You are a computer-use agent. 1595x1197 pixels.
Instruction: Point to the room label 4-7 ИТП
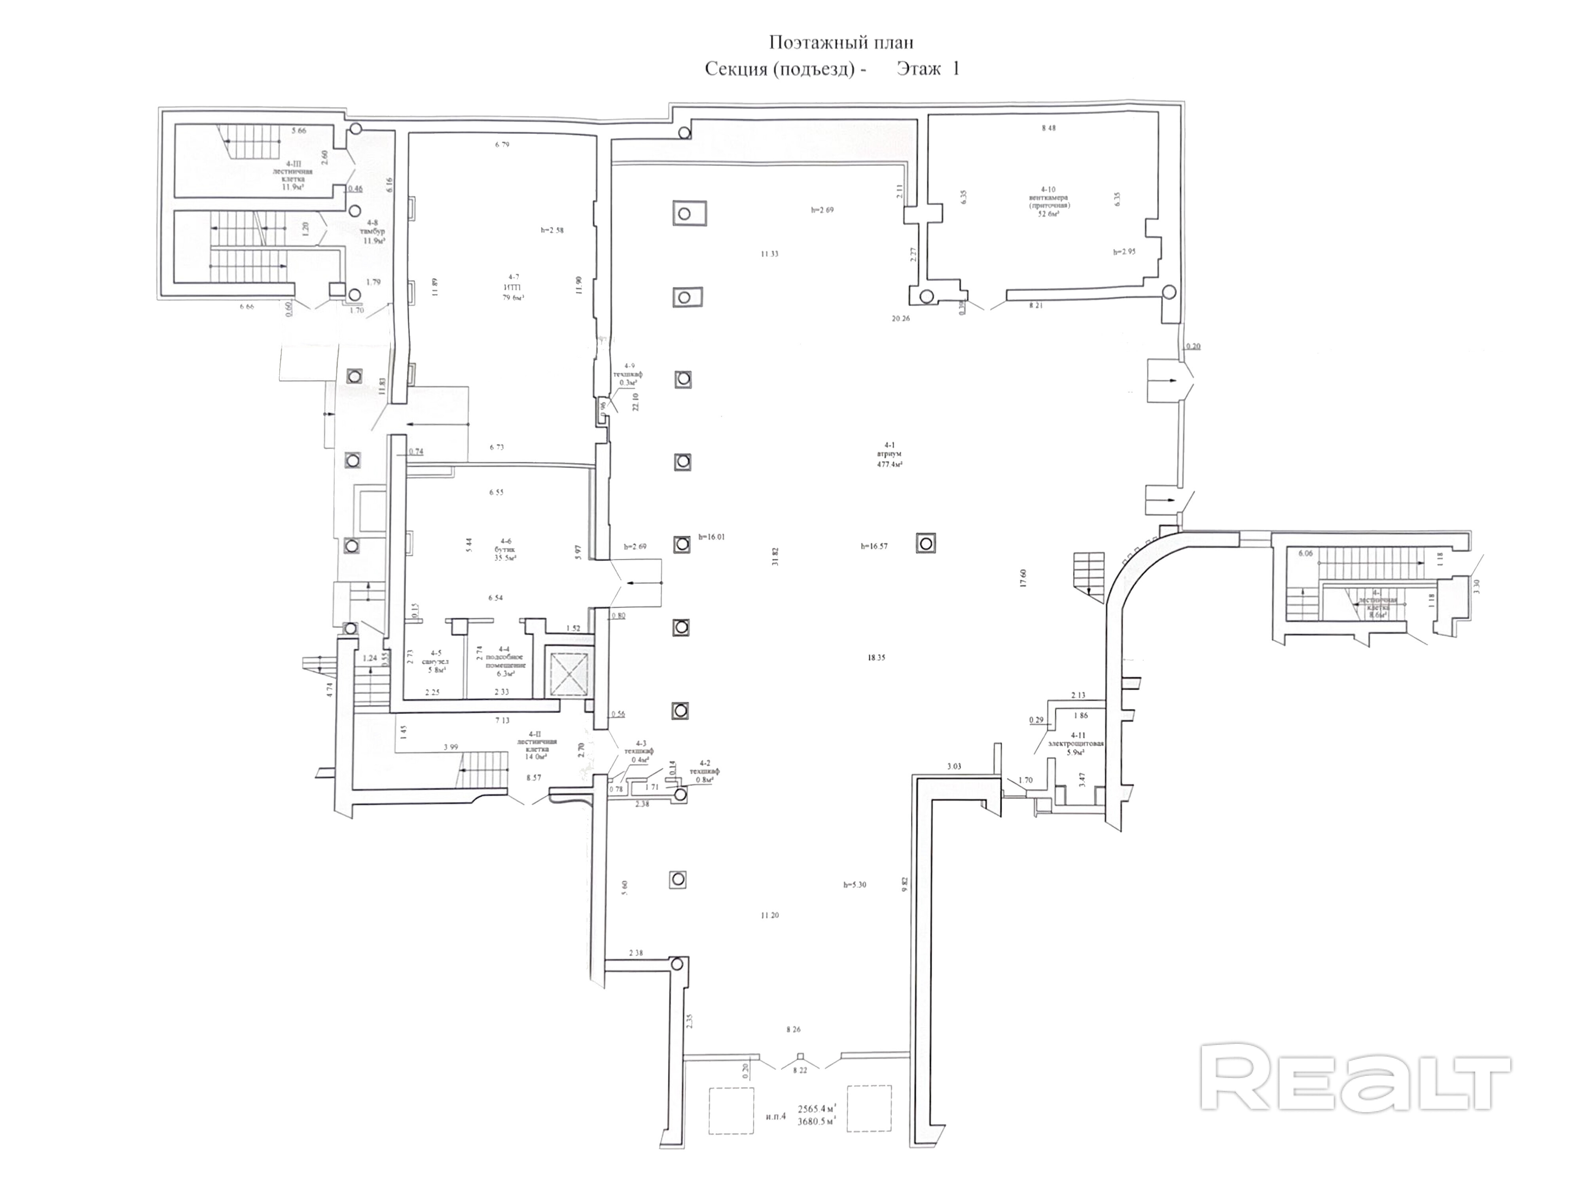(513, 287)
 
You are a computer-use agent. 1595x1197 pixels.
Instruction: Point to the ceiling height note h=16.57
(874, 546)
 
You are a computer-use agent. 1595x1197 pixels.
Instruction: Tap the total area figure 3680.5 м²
(816, 1121)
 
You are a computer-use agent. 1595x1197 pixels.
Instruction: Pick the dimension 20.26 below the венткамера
(901, 318)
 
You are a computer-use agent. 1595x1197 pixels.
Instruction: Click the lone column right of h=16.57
(926, 543)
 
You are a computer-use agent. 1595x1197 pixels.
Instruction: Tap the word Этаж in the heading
(919, 69)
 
